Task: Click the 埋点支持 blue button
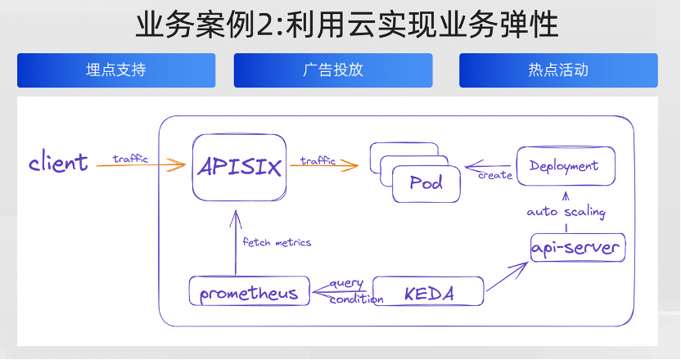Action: click(x=116, y=70)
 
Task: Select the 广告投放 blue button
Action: click(x=333, y=70)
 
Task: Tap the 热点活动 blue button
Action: click(x=558, y=70)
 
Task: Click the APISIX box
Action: click(x=240, y=169)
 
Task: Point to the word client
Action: click(x=58, y=162)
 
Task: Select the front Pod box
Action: click(x=426, y=183)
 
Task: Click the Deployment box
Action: click(x=565, y=166)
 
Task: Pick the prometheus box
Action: click(x=249, y=292)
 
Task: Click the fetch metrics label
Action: click(x=277, y=242)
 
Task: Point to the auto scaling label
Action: click(x=566, y=213)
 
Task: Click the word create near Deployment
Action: click(x=495, y=175)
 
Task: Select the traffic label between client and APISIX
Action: click(x=131, y=159)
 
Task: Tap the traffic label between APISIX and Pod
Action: click(x=318, y=160)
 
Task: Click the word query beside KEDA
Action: click(x=346, y=283)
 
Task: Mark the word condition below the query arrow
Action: click(x=356, y=299)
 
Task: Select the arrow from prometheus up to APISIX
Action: click(x=236, y=241)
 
